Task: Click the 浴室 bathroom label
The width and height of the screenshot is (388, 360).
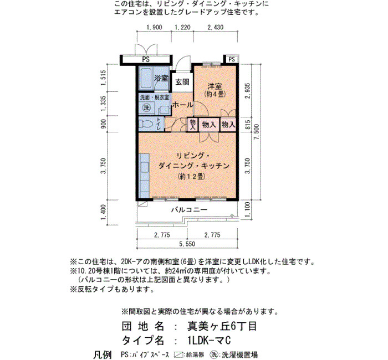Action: tap(161, 79)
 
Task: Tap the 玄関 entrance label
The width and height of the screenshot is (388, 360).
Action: tap(182, 81)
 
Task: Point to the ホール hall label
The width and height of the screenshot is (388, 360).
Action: tap(182, 105)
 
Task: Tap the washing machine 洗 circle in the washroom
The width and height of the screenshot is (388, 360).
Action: tap(147, 108)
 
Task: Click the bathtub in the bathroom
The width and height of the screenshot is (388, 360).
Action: tap(146, 78)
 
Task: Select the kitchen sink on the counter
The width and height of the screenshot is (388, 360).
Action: tap(145, 167)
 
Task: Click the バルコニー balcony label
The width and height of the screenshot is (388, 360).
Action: tap(190, 210)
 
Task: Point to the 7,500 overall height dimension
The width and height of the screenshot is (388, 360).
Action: tap(257, 132)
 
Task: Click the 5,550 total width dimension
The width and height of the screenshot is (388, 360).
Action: tap(187, 244)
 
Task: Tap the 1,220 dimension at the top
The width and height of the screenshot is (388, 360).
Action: tap(182, 27)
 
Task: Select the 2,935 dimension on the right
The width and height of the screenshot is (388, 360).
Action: tap(247, 91)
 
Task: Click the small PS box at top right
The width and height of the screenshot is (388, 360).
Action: tap(232, 59)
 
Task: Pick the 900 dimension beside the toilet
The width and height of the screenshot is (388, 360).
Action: tap(104, 124)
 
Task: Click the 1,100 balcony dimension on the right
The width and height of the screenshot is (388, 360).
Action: tap(247, 210)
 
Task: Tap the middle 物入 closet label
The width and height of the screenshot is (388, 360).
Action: tap(209, 125)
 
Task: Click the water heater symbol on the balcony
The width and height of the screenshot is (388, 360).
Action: tap(143, 203)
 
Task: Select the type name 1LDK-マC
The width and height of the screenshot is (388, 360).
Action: tap(209, 341)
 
